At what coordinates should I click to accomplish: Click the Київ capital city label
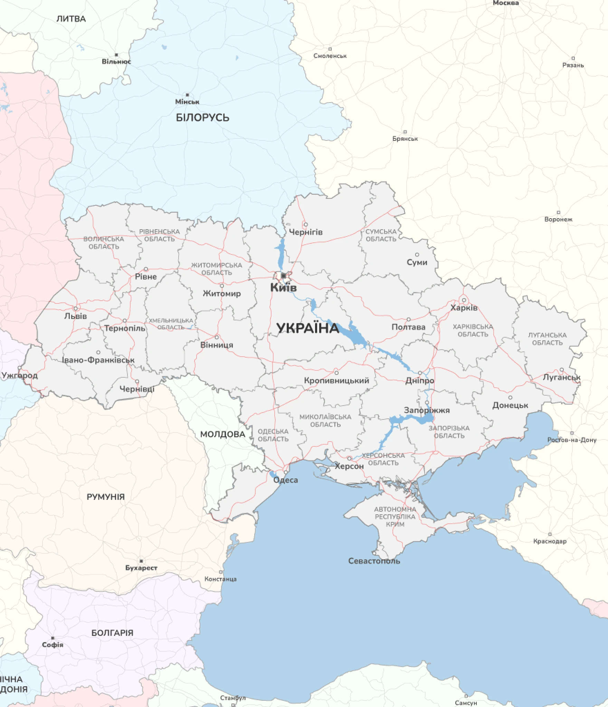tap(283, 287)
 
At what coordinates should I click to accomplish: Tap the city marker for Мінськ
tap(187, 95)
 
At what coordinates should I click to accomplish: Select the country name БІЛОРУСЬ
tap(202, 117)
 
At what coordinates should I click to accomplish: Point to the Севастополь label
tap(374, 561)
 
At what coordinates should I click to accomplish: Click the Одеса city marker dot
tap(286, 472)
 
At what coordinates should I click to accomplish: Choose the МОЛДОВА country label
tap(222, 434)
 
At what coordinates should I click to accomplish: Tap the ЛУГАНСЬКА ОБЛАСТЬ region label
tap(547, 339)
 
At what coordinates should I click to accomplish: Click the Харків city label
tap(464, 308)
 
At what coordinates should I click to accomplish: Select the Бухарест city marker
tap(141, 561)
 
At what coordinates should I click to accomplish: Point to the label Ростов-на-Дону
tap(572, 440)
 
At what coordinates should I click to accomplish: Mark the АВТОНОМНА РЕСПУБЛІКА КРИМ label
tap(395, 516)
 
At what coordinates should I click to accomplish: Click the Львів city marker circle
tap(76, 308)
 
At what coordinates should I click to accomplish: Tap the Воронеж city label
tap(558, 219)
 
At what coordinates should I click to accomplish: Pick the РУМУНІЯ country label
tap(105, 497)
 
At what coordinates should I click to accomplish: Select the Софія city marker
tap(53, 638)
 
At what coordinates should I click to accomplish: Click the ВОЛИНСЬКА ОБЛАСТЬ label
tap(104, 242)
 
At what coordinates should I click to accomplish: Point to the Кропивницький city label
tap(336, 380)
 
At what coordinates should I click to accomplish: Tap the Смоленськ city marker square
tap(330, 49)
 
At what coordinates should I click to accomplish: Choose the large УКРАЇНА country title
tap(308, 328)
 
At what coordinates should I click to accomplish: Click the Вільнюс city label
tap(116, 61)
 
